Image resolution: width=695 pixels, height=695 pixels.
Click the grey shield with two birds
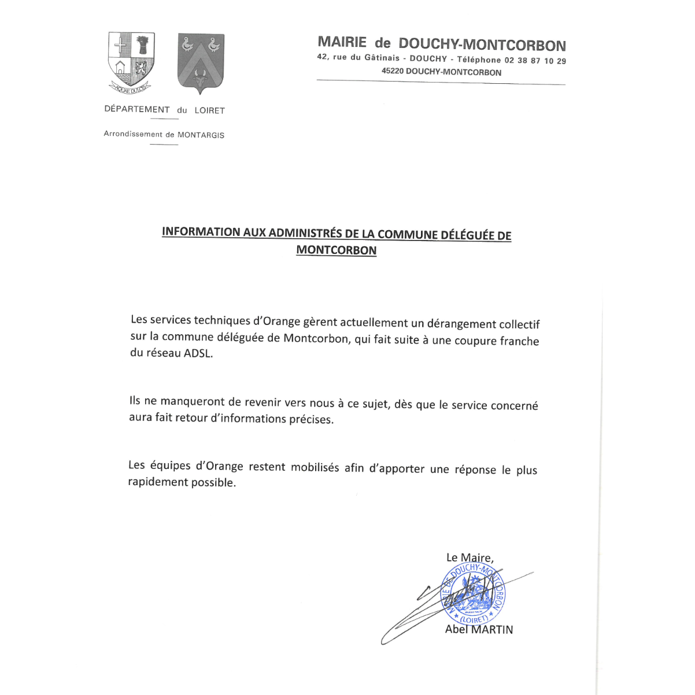(x=201, y=62)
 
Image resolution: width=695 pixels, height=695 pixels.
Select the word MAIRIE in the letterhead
(x=342, y=42)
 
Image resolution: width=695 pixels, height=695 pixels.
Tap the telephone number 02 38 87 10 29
(x=535, y=61)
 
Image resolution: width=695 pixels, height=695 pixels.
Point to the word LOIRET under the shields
(x=209, y=110)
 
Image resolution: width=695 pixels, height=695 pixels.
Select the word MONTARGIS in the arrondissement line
(x=201, y=135)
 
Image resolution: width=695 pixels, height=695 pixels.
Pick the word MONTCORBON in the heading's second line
(x=336, y=250)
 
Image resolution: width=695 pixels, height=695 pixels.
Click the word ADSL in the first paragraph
(x=198, y=353)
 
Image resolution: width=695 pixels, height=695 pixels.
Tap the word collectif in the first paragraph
(x=519, y=324)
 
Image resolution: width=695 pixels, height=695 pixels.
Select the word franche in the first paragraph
(x=519, y=341)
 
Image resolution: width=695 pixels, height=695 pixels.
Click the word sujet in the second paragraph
(x=375, y=404)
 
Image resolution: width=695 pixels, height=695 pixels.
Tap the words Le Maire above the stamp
(x=469, y=558)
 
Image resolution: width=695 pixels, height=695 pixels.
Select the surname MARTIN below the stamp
(x=491, y=630)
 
